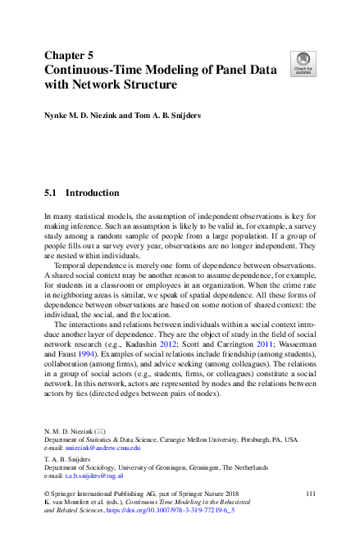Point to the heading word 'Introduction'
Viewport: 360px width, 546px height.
click(92, 193)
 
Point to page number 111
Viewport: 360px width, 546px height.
click(310, 492)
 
